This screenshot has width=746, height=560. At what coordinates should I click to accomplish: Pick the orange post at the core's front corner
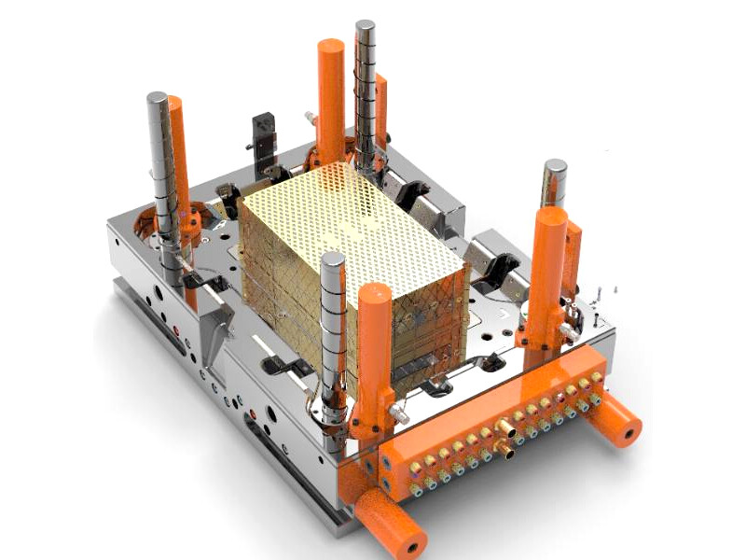tap(374, 345)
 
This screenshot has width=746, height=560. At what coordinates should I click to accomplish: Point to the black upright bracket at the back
tap(265, 140)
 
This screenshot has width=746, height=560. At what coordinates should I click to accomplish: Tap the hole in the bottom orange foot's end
tap(409, 542)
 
